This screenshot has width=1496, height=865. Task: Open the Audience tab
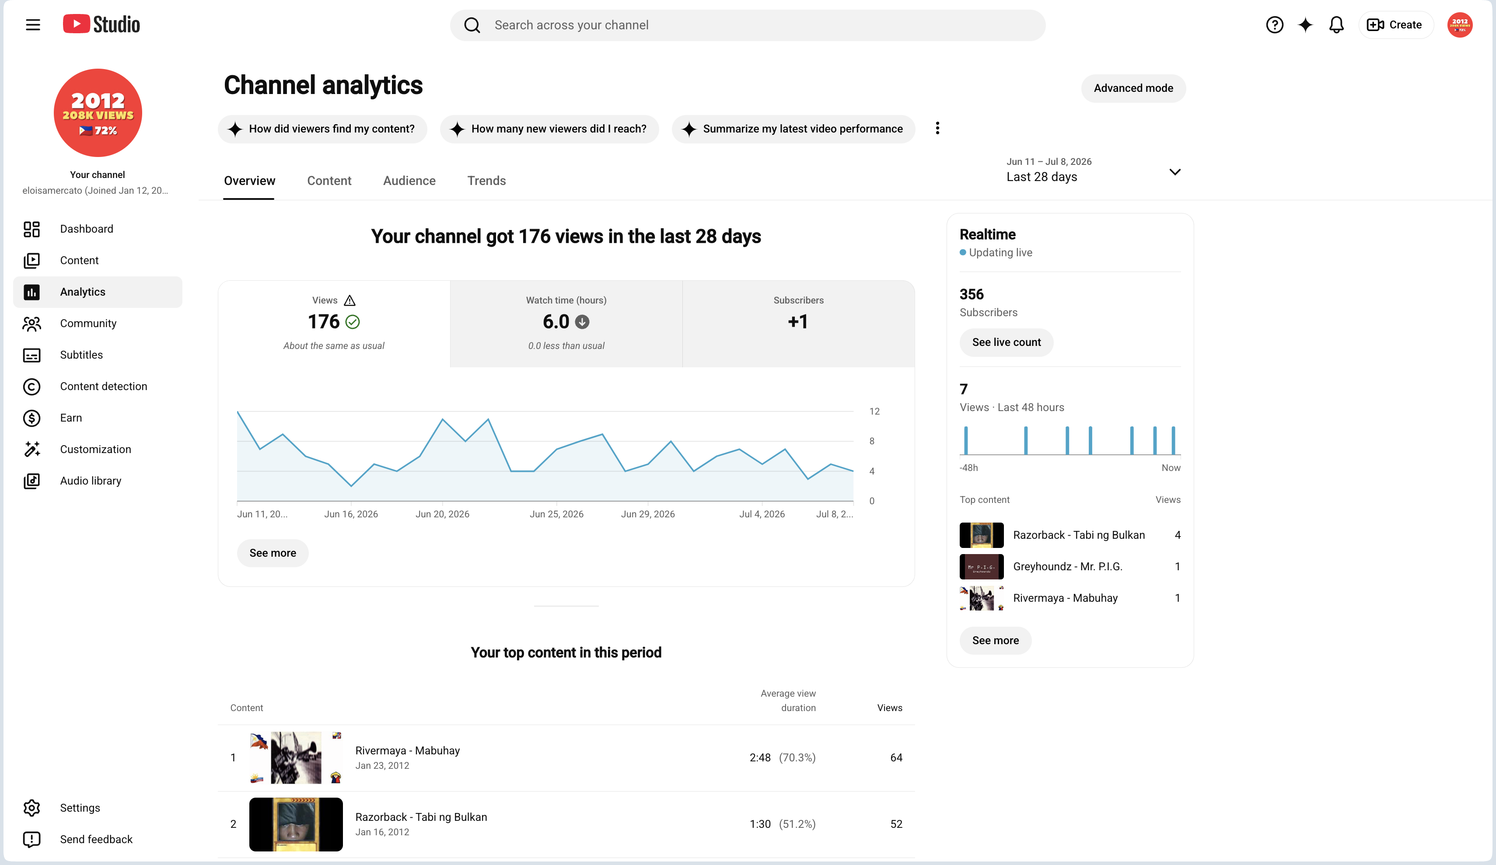[409, 181]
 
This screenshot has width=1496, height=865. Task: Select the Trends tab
[486, 181]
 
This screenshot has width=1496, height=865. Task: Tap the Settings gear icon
[31, 807]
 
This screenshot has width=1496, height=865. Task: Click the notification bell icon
[1336, 25]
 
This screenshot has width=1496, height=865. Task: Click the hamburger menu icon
[33, 25]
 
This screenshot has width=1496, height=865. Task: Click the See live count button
[1006, 342]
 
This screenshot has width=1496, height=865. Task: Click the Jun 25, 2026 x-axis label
[556, 514]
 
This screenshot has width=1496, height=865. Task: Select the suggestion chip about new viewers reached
[549, 129]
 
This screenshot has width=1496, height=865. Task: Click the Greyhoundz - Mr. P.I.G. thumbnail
[981, 566]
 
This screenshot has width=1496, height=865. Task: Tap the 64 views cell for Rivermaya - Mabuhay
[896, 757]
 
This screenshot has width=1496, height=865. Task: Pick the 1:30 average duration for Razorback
[760, 824]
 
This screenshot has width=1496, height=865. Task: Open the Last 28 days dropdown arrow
[1174, 172]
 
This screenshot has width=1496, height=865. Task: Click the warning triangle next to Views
[350, 300]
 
